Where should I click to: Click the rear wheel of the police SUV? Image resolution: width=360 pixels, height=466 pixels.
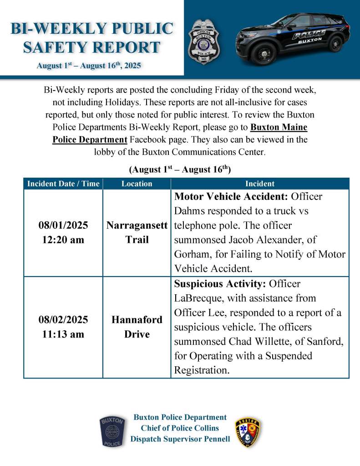point(335,44)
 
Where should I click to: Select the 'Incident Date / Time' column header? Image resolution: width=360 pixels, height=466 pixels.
point(63,184)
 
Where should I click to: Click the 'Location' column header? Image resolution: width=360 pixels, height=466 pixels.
point(137,184)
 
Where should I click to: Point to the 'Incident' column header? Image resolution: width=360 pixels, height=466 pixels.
point(260,184)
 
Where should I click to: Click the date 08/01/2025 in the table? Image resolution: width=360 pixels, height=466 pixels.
point(63,225)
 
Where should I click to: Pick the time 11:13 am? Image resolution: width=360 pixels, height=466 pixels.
point(63,334)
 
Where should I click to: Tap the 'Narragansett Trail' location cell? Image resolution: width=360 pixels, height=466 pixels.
point(137,232)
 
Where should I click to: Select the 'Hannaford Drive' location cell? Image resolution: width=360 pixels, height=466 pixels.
point(137,327)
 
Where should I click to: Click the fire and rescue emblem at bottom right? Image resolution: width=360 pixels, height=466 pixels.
point(248,432)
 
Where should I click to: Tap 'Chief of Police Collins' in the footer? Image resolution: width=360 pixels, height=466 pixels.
point(180,428)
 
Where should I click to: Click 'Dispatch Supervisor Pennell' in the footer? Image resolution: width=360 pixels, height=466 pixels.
point(180,439)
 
